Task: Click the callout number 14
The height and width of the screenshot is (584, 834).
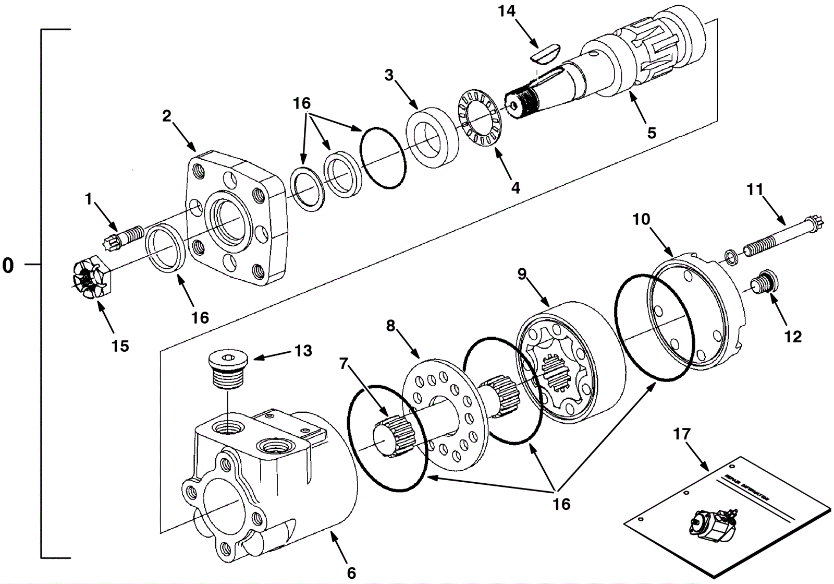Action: click(x=507, y=11)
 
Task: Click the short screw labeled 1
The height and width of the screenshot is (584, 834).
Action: click(x=122, y=237)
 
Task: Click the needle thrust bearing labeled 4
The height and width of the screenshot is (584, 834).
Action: click(x=479, y=122)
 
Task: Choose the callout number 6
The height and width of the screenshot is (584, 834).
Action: click(x=351, y=573)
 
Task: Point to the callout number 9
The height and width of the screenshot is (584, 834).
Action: click(x=522, y=274)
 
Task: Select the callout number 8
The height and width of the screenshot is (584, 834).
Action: click(x=390, y=326)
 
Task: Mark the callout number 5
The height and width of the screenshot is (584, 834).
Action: click(x=652, y=133)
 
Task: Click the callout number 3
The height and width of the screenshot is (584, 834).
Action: click(x=389, y=75)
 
